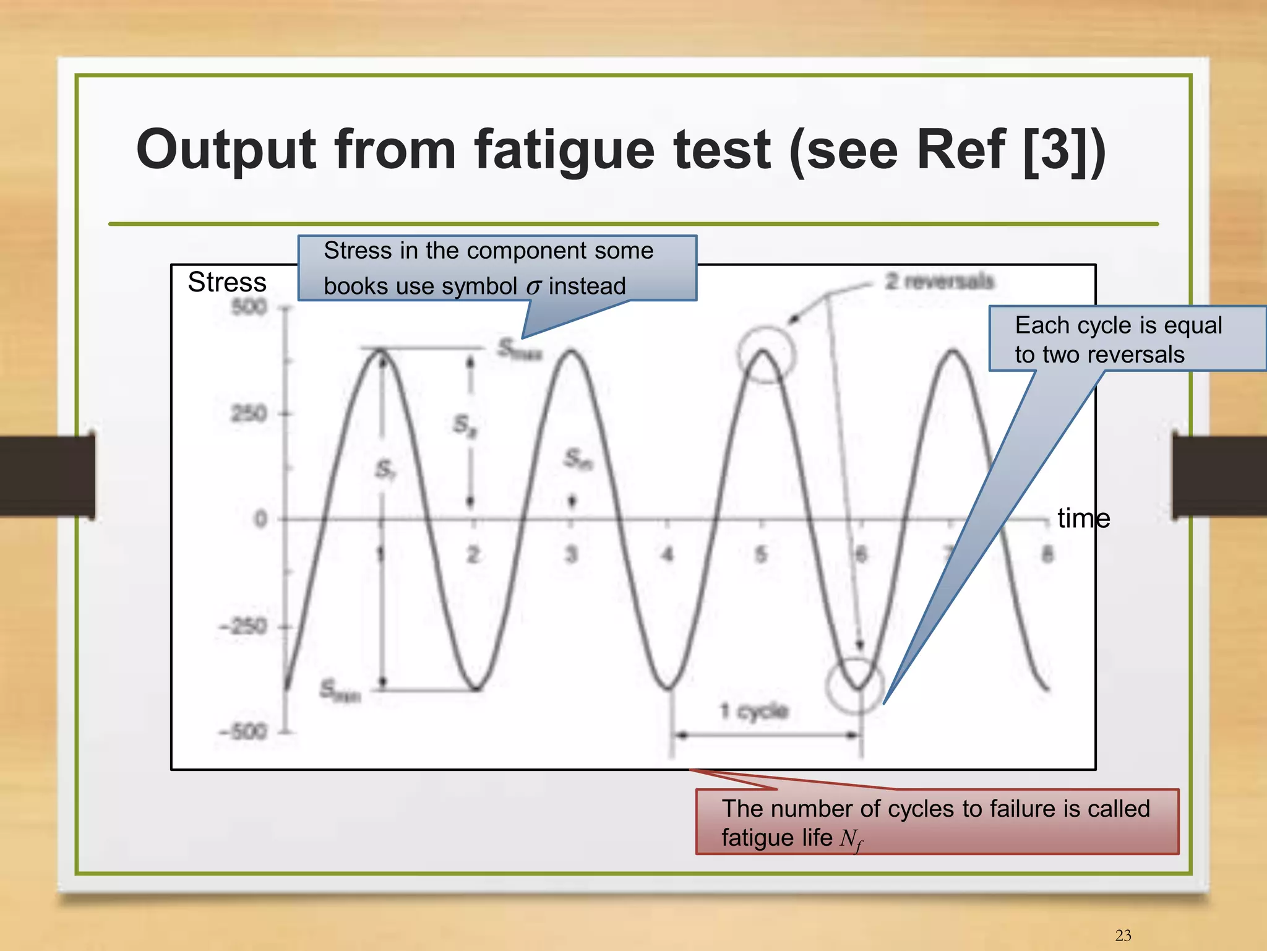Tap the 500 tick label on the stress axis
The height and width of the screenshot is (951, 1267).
point(249,307)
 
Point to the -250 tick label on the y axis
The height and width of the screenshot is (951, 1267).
point(243,627)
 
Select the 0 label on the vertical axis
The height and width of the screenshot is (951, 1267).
point(260,519)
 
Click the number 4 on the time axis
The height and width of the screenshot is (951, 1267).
point(668,554)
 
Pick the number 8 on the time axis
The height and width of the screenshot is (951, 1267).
point(1047,554)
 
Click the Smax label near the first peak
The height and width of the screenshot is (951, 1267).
point(519,350)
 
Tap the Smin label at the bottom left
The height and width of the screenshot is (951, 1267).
point(340,691)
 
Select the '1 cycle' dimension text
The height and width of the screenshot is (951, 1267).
point(754,711)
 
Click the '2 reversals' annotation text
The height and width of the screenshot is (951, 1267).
point(938,282)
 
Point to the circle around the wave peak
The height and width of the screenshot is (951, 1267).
point(766,355)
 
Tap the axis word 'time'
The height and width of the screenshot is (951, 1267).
point(1083,518)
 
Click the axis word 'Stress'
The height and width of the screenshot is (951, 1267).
point(227,282)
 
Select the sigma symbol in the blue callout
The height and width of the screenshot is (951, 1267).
point(533,287)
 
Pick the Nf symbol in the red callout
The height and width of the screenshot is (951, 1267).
point(851,840)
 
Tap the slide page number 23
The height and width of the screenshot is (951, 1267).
point(1123,935)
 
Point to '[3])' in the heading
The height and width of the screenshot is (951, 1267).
point(1063,151)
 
